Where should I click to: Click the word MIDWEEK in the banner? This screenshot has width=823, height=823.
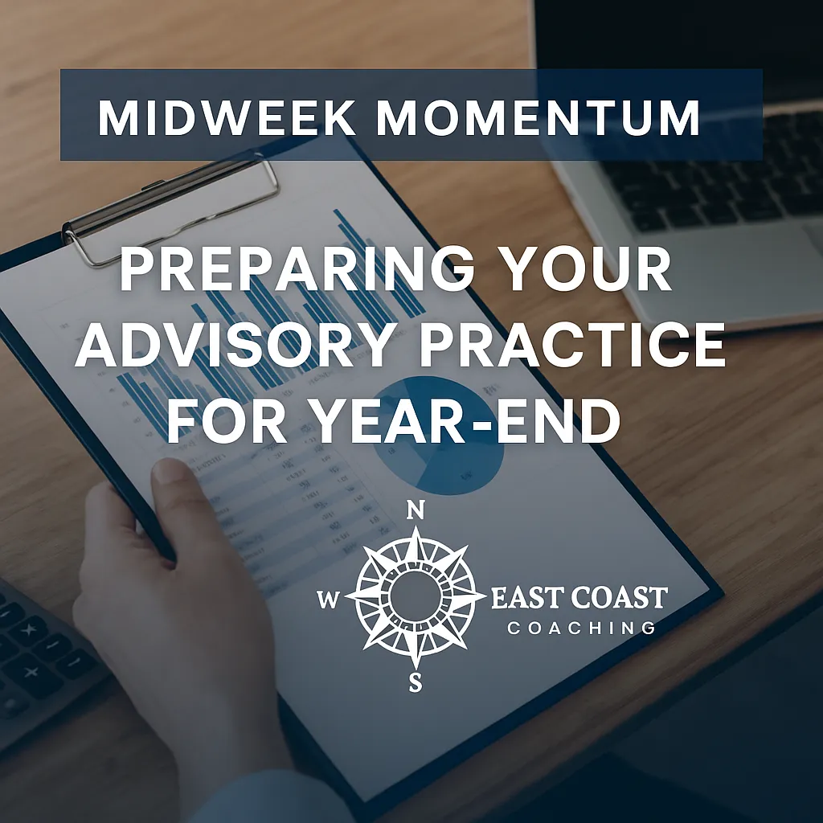[x=227, y=117]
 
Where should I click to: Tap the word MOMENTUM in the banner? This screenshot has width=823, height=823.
[x=538, y=117]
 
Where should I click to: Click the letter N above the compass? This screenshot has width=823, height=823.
[x=416, y=511]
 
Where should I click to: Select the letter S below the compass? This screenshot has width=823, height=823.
[x=416, y=683]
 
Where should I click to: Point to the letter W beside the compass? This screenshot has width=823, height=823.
[x=329, y=599]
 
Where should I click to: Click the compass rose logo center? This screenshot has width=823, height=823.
[x=416, y=597]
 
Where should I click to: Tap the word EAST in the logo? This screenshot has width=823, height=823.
[x=529, y=598]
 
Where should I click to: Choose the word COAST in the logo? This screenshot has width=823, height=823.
[x=619, y=598]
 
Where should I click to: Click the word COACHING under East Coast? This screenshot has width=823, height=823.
[x=580, y=628]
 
